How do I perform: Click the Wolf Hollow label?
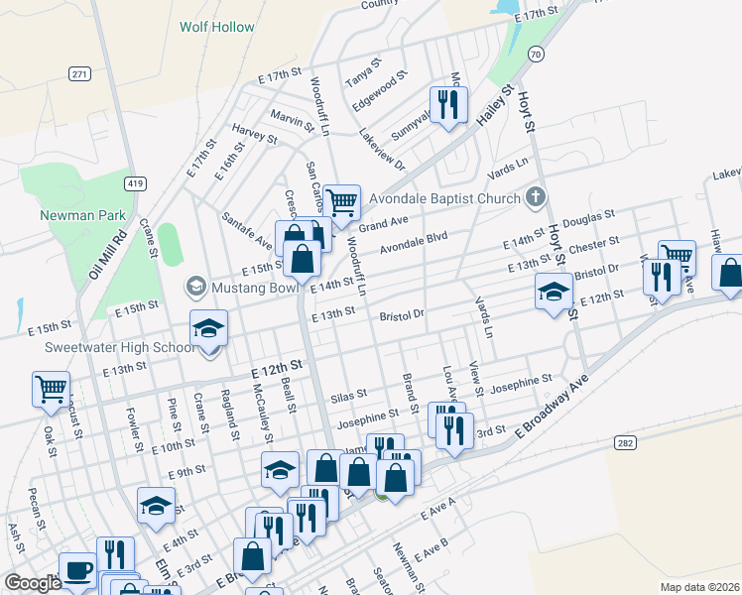(216, 27)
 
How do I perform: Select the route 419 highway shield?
(136, 183)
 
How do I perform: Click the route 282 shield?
(624, 442)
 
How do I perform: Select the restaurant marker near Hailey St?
(448, 104)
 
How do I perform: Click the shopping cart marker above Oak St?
(51, 388)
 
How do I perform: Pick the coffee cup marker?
(77, 570)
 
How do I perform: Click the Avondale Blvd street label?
(415, 242)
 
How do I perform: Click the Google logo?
(33, 583)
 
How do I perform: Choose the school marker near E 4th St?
(156, 507)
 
